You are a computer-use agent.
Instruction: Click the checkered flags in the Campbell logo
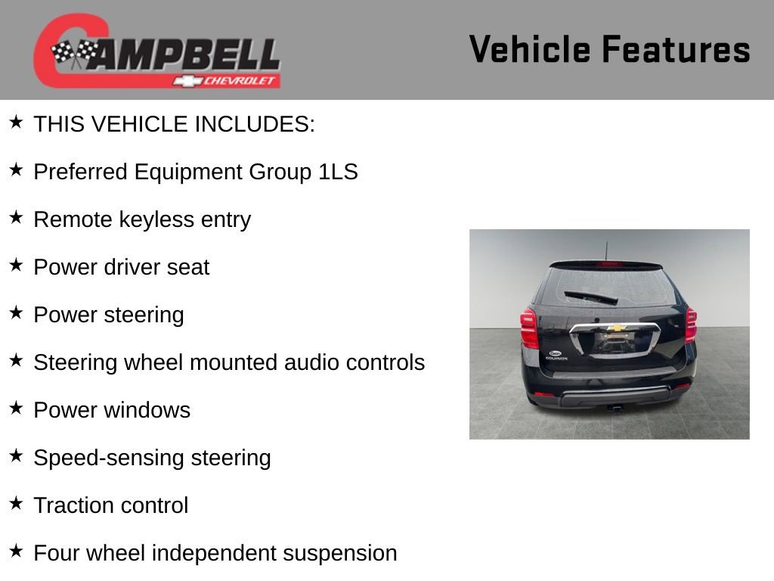click(75, 53)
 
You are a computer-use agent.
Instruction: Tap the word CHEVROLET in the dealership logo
click(241, 81)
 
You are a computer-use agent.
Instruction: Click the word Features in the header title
click(676, 49)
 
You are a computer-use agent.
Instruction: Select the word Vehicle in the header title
click(530, 49)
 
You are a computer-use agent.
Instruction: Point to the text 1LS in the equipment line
click(339, 172)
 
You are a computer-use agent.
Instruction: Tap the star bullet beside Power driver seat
click(17, 265)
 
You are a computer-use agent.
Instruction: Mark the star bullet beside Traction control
click(17, 503)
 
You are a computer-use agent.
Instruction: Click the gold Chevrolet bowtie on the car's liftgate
click(617, 328)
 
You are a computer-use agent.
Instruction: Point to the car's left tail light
click(529, 328)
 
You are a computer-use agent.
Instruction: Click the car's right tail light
click(690, 325)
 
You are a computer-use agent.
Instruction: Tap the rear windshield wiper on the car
click(590, 297)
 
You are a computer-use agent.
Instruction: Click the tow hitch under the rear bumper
click(616, 409)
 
